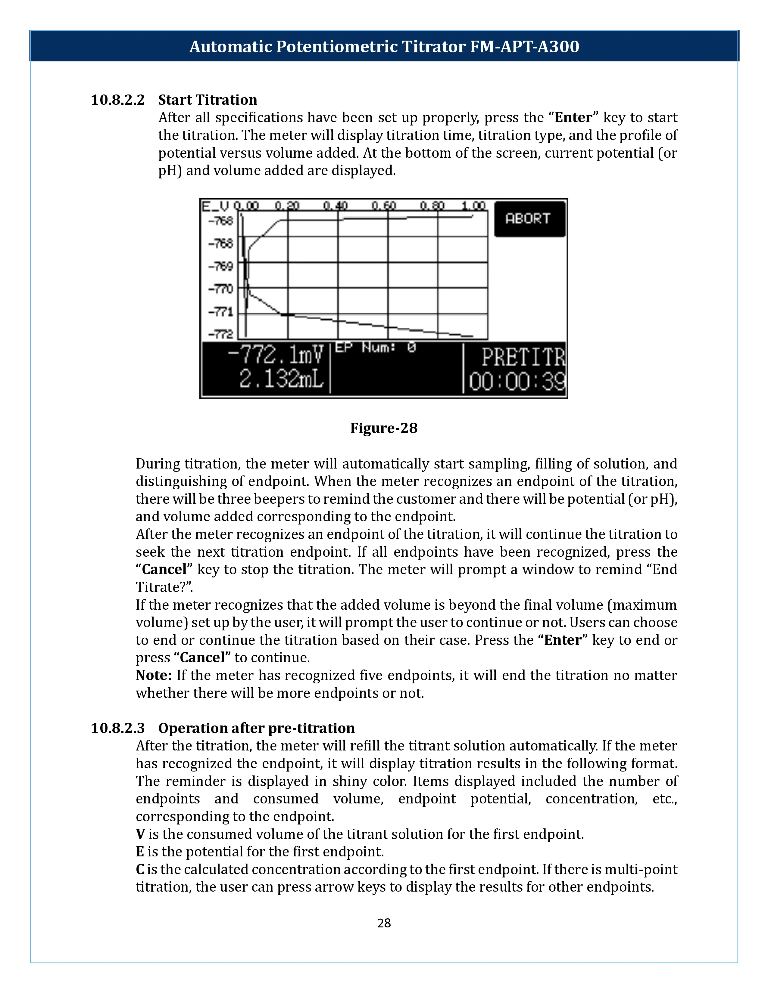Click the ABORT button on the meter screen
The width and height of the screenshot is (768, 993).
pyautogui.click(x=529, y=219)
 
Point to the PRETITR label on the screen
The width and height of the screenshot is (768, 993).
pyautogui.click(x=522, y=357)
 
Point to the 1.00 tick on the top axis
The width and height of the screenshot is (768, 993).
pyautogui.click(x=473, y=206)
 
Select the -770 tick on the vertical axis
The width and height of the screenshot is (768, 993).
pyautogui.click(x=221, y=289)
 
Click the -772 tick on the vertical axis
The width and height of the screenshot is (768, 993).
pyautogui.click(x=221, y=335)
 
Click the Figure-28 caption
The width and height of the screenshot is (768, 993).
pyautogui.click(x=383, y=428)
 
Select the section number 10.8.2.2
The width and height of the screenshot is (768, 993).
pyautogui.click(x=117, y=100)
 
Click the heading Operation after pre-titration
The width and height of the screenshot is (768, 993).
pyautogui.click(x=256, y=728)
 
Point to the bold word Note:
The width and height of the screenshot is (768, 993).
pyautogui.click(x=153, y=675)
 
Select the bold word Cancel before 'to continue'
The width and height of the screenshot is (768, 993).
pyautogui.click(x=202, y=657)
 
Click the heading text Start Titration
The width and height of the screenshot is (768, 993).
pyautogui.click(x=208, y=100)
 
